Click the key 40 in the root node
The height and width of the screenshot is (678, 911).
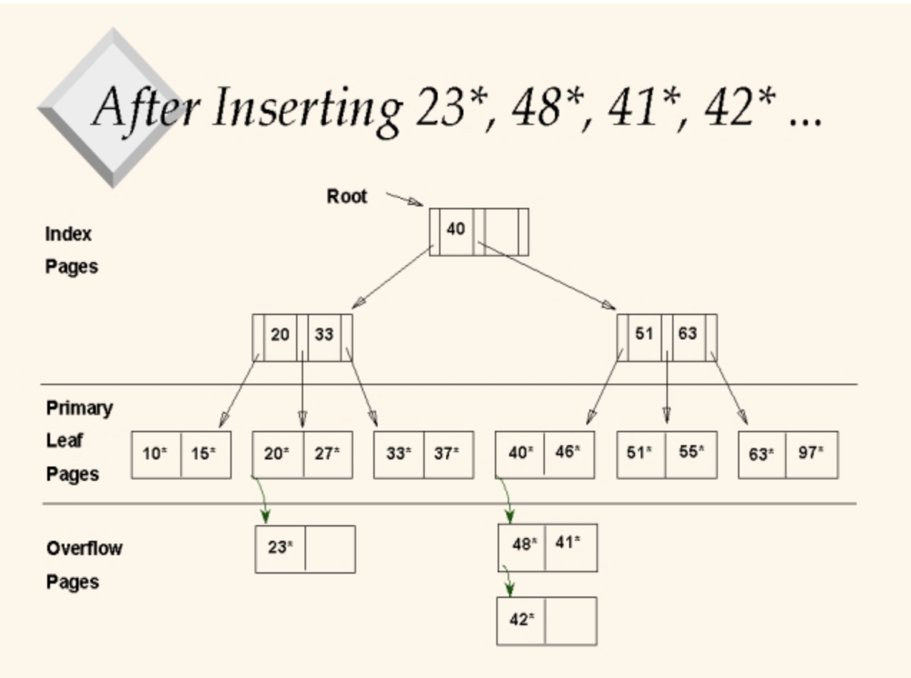[455, 229]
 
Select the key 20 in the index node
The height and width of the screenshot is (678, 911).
[280, 334]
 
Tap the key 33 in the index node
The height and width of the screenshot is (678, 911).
[324, 334]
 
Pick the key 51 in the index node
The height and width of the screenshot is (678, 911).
[644, 334]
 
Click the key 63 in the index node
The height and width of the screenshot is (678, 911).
[687, 334]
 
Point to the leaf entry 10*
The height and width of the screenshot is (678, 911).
[154, 453]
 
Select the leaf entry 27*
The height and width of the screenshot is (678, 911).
[328, 453]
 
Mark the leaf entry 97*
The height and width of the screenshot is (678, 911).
[811, 452]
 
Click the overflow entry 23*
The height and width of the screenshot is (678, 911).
[280, 547]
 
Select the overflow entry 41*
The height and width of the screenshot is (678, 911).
[568, 542]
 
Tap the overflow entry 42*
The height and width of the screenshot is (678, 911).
[521, 619]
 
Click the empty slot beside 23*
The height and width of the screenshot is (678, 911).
[330, 549]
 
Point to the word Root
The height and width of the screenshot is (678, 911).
[347, 196]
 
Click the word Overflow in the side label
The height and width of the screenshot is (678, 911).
[84, 549]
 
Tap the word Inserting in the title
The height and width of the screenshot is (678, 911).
[308, 107]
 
